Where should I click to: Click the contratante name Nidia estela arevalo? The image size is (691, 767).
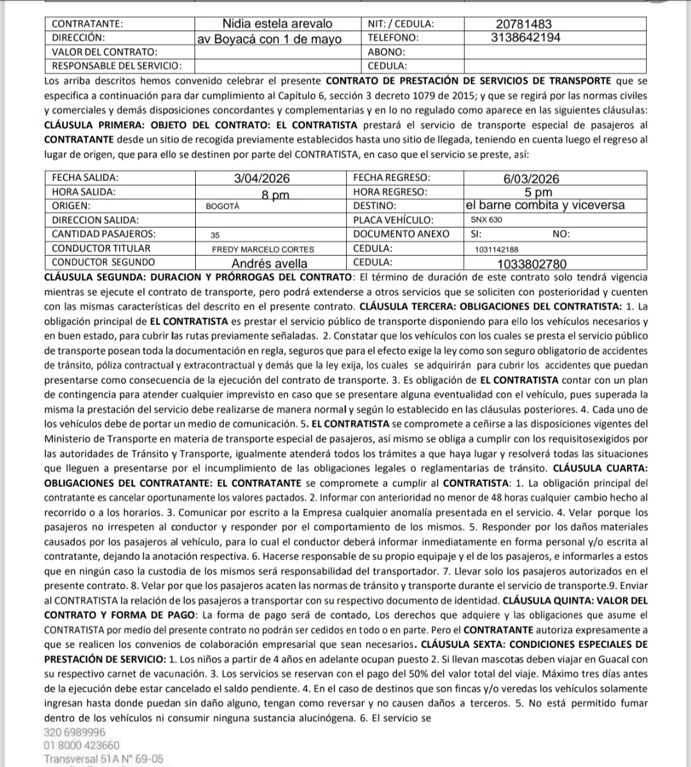277,24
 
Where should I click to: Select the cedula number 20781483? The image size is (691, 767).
520,24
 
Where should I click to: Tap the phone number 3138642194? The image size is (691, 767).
526,38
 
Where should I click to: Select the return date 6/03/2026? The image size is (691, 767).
531,179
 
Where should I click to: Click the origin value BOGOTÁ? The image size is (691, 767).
223,207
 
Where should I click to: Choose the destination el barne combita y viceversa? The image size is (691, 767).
546,205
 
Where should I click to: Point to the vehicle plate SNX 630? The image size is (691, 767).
486,220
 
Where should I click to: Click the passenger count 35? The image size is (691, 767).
215,235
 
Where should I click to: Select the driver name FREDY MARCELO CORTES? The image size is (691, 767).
263,249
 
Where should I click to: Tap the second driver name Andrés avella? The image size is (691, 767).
269,263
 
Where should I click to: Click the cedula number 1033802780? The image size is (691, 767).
532,263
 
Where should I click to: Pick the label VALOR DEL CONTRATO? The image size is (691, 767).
104,52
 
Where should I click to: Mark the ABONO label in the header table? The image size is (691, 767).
386,52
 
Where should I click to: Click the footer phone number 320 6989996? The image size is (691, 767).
75,732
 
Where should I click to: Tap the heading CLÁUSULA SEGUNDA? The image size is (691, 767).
96,277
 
